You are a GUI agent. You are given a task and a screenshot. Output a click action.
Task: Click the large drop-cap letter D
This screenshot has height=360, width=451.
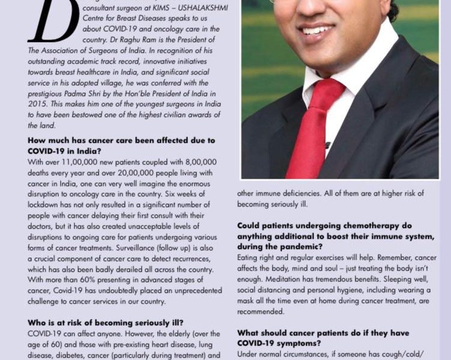pyautogui.click(x=53, y=21)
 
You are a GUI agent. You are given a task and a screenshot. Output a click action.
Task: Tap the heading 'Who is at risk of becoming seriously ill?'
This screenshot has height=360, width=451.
pyautogui.click(x=105, y=322)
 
